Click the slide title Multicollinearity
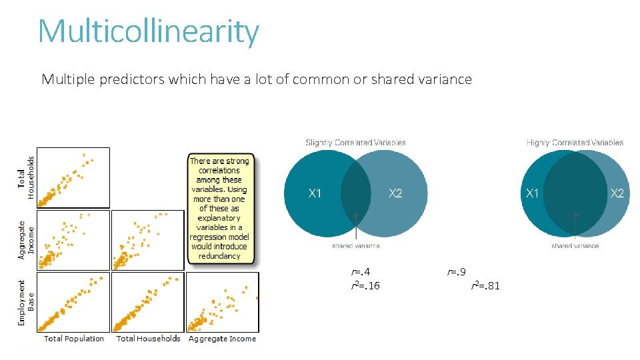pyautogui.click(x=148, y=31)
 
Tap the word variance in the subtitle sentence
pyautogui.click(x=445, y=79)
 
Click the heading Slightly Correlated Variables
pyautogui.click(x=355, y=142)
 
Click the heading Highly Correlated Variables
pyautogui.click(x=575, y=142)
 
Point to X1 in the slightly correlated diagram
pyautogui.click(x=315, y=193)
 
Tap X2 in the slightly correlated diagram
pyautogui.click(x=395, y=193)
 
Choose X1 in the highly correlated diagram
pyautogui.click(x=532, y=193)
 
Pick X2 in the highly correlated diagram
pyautogui.click(x=617, y=193)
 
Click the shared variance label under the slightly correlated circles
pyautogui.click(x=356, y=246)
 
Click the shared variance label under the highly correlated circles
pyautogui.click(x=575, y=246)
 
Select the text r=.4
pyautogui.click(x=361, y=272)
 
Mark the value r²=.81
pyautogui.click(x=485, y=286)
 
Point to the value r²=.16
pyautogui.click(x=365, y=286)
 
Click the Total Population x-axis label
pyautogui.click(x=74, y=339)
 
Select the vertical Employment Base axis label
pyautogui.click(x=26, y=303)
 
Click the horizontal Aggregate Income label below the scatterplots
pyautogui.click(x=222, y=339)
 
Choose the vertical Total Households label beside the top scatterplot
pyautogui.click(x=26, y=178)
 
